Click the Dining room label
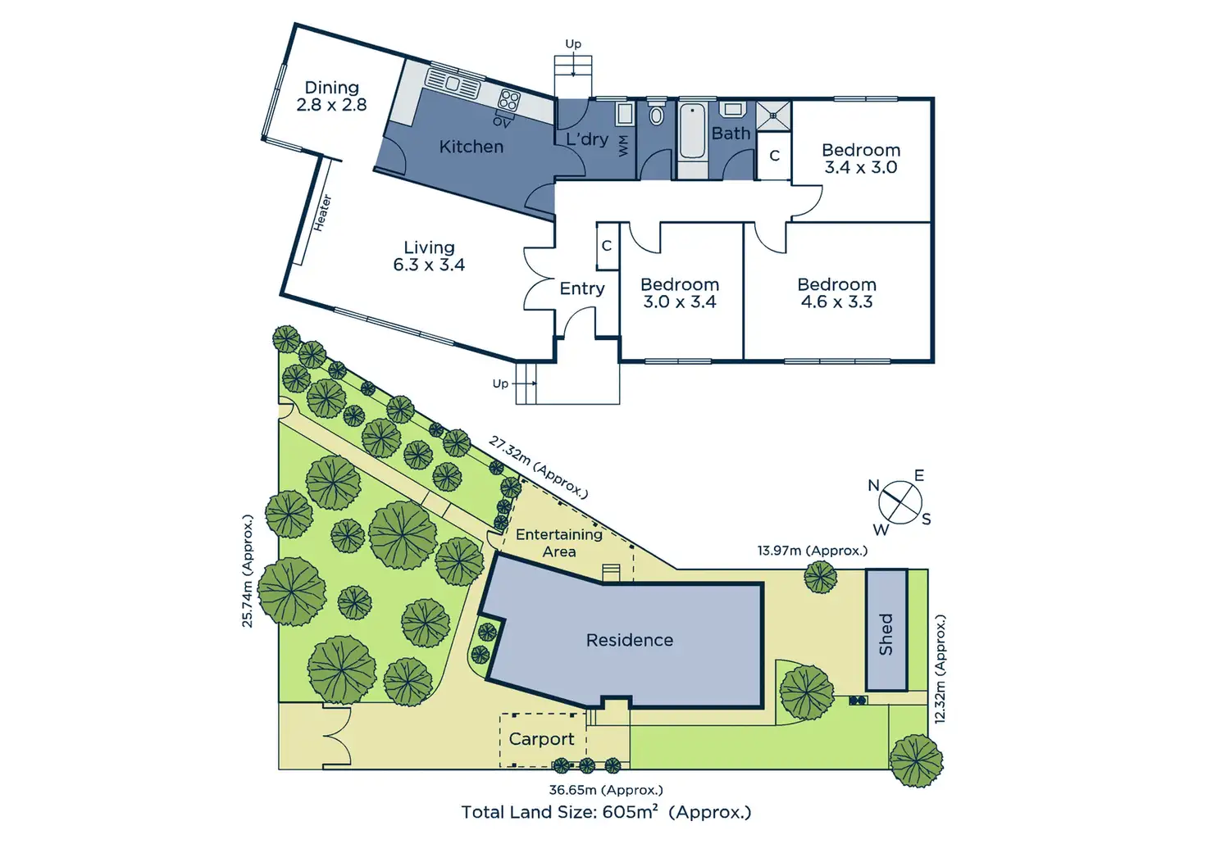(331, 88)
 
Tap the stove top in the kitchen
(509, 101)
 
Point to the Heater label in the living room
(322, 211)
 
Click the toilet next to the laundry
(656, 115)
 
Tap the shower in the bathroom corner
(773, 116)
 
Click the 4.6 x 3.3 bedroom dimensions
(836, 302)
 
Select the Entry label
(581, 288)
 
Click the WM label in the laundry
(623, 145)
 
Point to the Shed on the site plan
(886, 631)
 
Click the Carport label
(541, 739)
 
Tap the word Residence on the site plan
(629, 640)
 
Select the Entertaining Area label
(559, 542)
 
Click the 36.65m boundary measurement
(605, 790)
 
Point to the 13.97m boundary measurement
(812, 551)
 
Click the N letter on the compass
(874, 486)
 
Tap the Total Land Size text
(606, 812)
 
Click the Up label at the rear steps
(573, 44)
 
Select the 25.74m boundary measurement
(248, 570)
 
